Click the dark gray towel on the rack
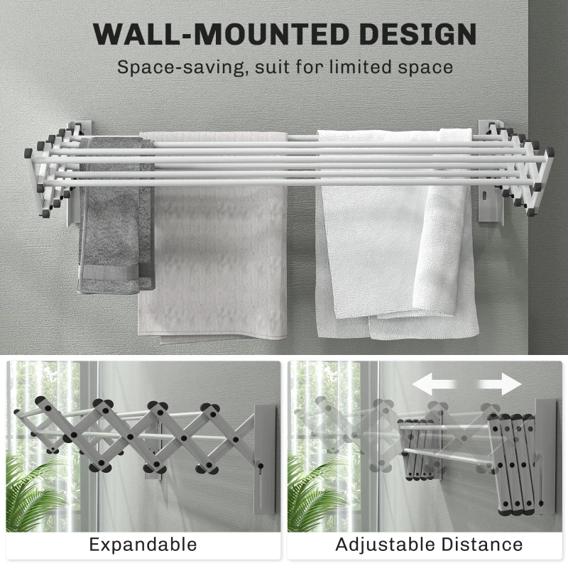coord(116,217)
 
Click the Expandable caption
coord(143,545)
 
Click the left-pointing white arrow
coord(433,385)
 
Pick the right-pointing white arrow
coord(500,385)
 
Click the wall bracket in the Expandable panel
coord(265,459)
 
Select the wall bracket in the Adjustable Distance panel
coord(546,457)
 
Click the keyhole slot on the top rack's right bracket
coord(486,197)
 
